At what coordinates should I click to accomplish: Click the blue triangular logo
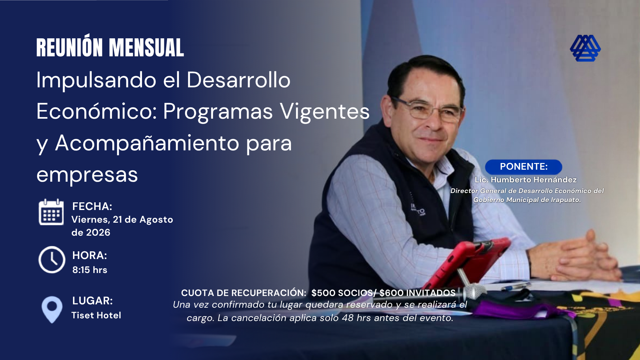[x=585, y=48]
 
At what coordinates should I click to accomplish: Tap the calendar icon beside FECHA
[x=51, y=212]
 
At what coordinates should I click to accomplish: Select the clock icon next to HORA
[x=52, y=260]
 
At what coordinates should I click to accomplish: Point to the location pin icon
[x=52, y=310]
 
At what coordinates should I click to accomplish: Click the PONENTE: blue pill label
[x=524, y=167]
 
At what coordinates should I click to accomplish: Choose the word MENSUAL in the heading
[x=146, y=48]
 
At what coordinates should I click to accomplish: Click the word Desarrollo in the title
[x=238, y=80]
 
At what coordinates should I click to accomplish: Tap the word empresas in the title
[x=87, y=175]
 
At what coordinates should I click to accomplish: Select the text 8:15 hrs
[x=90, y=270]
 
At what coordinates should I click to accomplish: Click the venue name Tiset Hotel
[x=96, y=315]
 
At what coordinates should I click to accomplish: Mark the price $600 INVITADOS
[x=418, y=293]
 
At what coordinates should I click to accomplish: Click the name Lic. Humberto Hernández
[x=526, y=180]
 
